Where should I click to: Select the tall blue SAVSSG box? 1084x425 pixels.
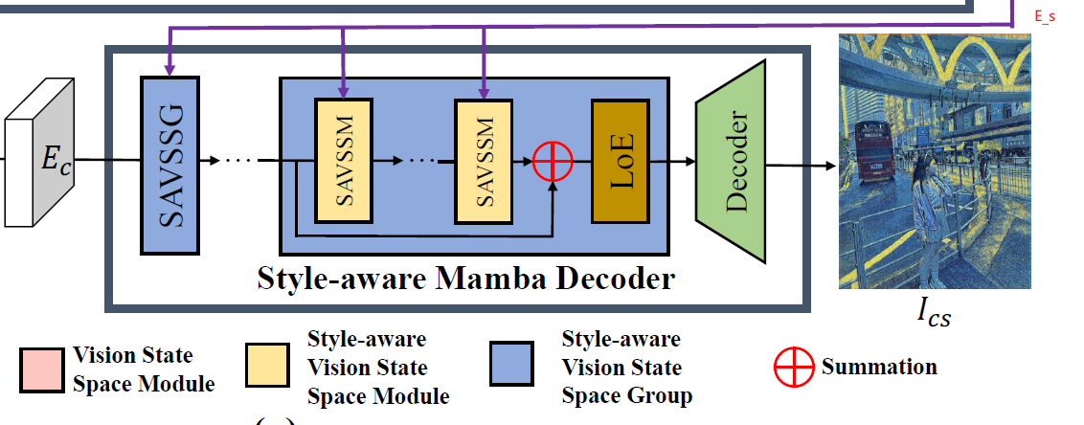pyautogui.click(x=169, y=165)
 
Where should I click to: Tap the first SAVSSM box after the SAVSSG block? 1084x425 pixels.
pyautogui.click(x=341, y=160)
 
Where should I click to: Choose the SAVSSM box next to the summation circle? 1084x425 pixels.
pyautogui.click(x=483, y=160)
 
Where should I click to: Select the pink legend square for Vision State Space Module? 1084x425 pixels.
pyautogui.click(x=41, y=369)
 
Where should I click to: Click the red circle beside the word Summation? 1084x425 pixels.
pyautogui.click(x=794, y=368)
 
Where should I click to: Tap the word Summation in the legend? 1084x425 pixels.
pyautogui.click(x=878, y=367)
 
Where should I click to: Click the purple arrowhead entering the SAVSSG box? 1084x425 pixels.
pyautogui.click(x=169, y=68)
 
